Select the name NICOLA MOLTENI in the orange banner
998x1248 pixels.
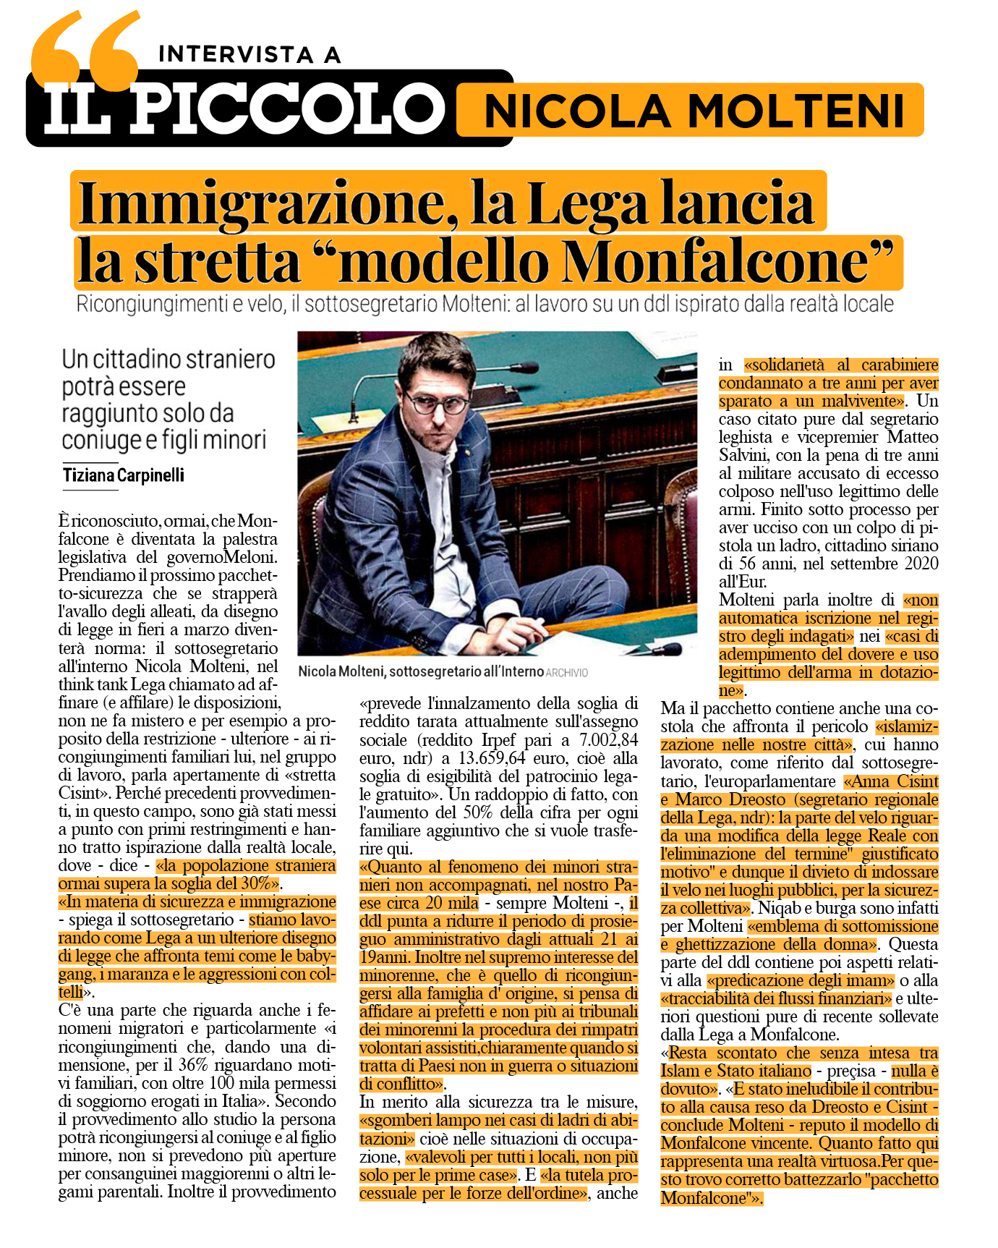[693, 111]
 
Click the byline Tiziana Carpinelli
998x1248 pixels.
[124, 475]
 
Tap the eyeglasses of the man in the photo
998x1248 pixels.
[436, 402]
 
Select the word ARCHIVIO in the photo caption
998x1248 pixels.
[567, 673]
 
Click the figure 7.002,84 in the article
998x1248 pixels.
[607, 740]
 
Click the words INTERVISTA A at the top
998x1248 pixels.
[249, 54]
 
